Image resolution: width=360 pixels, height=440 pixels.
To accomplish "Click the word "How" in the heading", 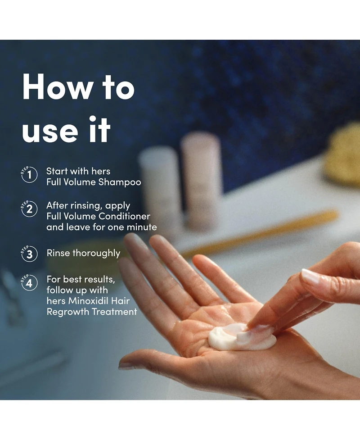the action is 57,86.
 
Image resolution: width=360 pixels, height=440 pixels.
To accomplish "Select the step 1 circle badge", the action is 29,175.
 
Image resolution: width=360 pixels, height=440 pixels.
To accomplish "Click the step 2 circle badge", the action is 29,209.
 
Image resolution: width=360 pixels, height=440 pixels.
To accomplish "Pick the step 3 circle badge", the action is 29,254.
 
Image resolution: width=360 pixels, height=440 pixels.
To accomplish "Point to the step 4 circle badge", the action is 29,282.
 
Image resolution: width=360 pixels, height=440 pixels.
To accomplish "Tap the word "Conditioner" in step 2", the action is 124,216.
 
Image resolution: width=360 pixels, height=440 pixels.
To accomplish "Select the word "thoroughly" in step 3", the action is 96,254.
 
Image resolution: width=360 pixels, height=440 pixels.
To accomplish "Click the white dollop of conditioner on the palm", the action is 241,337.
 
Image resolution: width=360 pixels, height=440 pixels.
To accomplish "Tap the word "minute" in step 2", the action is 143,227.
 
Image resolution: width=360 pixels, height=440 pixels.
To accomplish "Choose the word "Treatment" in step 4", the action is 114,312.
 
